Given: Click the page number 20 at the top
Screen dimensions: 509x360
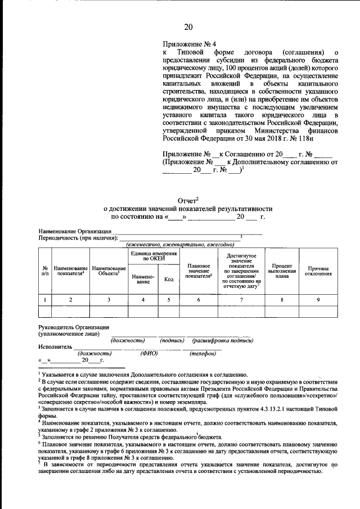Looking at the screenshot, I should [188, 27].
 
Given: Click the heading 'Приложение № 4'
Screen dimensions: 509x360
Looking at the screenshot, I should [189, 43].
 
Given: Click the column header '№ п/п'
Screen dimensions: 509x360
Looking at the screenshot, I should [44, 271].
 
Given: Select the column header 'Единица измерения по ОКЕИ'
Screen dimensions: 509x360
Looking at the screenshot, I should [150, 256].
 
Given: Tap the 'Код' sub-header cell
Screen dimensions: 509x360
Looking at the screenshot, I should [168, 279].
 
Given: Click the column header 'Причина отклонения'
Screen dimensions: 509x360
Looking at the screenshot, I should [318, 271].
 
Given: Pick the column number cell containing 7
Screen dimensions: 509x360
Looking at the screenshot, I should [241, 299].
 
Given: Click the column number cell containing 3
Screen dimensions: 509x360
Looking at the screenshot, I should [109, 299].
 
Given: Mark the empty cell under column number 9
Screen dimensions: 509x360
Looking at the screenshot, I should [318, 311].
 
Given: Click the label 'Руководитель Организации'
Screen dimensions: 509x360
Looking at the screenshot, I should [73, 327].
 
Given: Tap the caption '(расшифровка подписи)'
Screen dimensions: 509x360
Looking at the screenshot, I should [223, 340].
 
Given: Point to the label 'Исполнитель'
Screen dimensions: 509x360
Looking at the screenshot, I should [56, 347].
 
